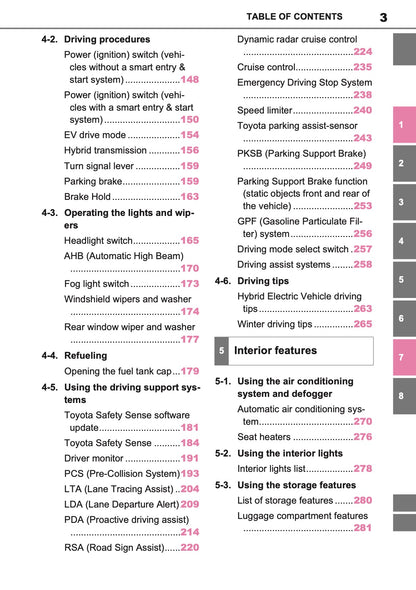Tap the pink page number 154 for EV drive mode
[x=189, y=134]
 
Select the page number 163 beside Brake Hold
[x=189, y=197]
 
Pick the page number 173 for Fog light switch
[x=189, y=284]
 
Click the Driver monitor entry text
[x=100, y=458]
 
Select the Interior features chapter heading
[x=275, y=351]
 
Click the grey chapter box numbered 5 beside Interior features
[x=221, y=352]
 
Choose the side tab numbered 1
[x=400, y=125]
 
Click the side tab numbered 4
[x=400, y=241]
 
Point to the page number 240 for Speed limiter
[x=362, y=110]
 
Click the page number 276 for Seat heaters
[x=362, y=437]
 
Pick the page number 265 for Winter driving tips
[x=362, y=324]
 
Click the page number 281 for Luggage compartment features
[x=362, y=528]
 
